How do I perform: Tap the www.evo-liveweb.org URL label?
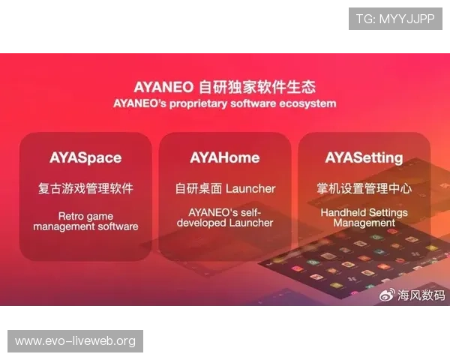[x=75, y=341]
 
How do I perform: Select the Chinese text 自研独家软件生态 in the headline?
[x=257, y=84]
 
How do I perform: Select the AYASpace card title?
[x=85, y=157]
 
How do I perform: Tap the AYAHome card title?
[x=225, y=157]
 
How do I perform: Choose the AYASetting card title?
[x=364, y=157]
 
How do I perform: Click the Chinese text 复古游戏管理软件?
[x=85, y=188]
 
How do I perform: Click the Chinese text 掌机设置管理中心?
[x=364, y=188]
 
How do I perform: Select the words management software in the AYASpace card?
[x=85, y=226]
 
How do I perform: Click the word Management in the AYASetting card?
[x=364, y=223]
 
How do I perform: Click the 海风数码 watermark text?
[x=421, y=295]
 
